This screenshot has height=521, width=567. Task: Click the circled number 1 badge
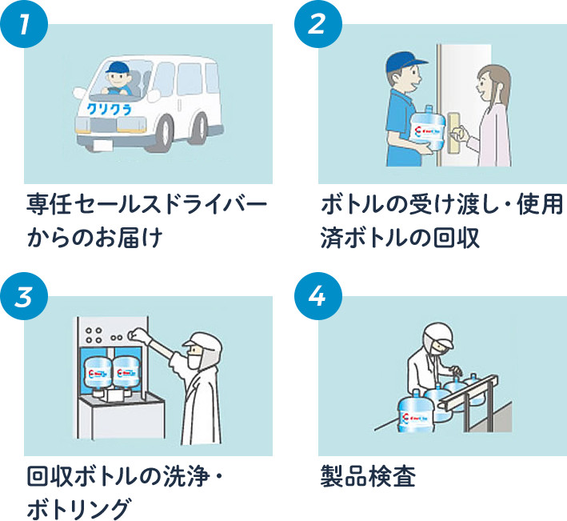(x=26, y=26)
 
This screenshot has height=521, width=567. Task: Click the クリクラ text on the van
(x=110, y=105)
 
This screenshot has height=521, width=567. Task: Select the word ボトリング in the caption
(x=78, y=507)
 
